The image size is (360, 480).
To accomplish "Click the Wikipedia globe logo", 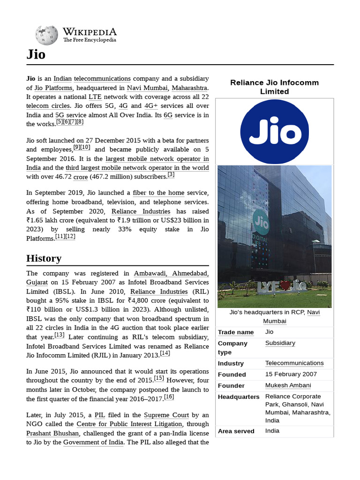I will pos(46,35).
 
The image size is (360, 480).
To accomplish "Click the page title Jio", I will pos(36,55).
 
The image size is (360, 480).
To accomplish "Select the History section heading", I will pos(44,258).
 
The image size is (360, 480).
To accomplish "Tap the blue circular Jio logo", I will pos(274,132).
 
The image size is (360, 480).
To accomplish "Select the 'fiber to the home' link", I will pos(158,193).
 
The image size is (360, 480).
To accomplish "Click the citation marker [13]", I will pos(60,335).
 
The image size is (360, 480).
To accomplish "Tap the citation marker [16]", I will pos(169,397).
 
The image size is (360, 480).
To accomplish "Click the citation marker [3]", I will pos(171,175).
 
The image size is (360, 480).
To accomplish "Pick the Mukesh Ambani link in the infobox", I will pos(288,385).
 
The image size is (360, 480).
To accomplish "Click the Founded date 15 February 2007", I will pos(291,374).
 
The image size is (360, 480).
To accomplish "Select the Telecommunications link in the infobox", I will pos(294,363).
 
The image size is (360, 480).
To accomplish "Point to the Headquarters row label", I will pos(239,397).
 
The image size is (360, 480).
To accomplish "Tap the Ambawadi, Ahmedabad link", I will pos(171,273).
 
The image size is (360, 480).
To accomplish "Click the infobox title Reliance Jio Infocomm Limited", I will pos(274,87).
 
